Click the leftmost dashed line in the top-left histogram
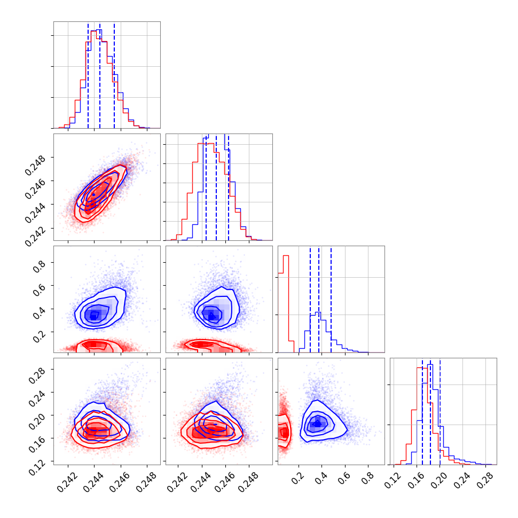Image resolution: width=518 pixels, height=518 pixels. (88, 75)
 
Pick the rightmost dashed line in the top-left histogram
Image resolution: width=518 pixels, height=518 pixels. (114, 75)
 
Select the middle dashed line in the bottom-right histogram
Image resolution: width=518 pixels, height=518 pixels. (430, 411)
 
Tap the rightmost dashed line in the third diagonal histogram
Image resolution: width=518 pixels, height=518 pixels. (331, 299)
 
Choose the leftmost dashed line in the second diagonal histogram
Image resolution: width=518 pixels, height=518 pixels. (206, 187)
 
